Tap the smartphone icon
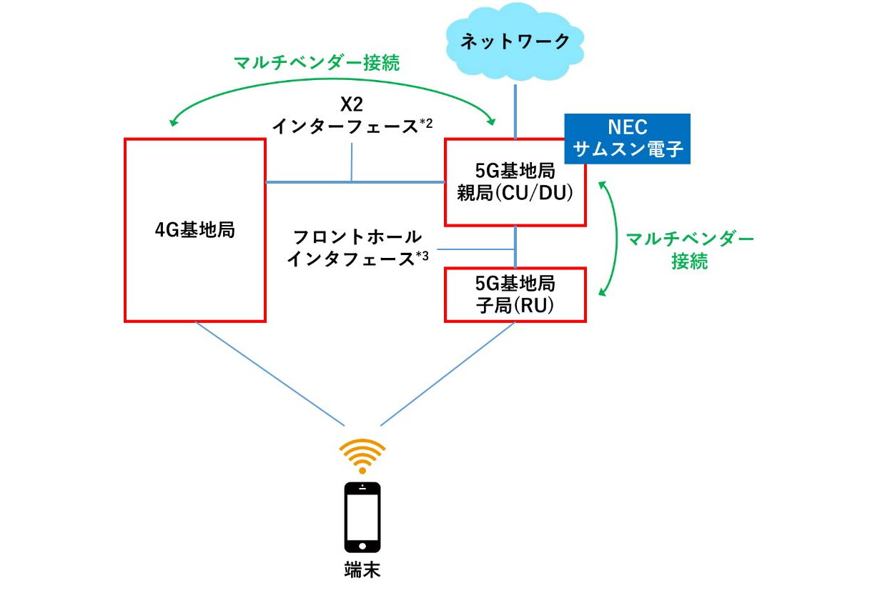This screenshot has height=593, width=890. pyautogui.click(x=362, y=518)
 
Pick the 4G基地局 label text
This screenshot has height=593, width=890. pyautogui.click(x=195, y=230)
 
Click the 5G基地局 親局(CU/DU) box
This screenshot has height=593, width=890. pyautogui.click(x=515, y=182)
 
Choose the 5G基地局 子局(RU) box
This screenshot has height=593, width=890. pyautogui.click(x=515, y=294)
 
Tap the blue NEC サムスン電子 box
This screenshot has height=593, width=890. pyautogui.click(x=627, y=139)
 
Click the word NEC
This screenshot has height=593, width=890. pyautogui.click(x=627, y=127)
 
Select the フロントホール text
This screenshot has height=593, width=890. pyautogui.click(x=357, y=237)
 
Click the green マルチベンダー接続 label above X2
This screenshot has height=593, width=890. pyautogui.click(x=317, y=63)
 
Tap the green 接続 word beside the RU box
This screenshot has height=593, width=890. pyautogui.click(x=689, y=261)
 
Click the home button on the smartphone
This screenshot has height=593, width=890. pyautogui.click(x=362, y=546)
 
